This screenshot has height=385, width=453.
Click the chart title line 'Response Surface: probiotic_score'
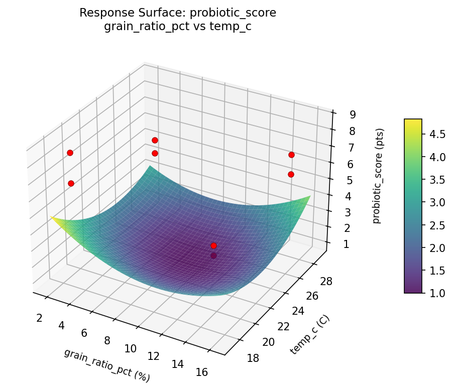pos(178,13)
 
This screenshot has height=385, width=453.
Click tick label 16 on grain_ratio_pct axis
pos(201,372)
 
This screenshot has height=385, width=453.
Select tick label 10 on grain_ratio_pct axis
pos(130,348)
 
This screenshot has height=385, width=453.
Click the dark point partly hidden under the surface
pos(214,255)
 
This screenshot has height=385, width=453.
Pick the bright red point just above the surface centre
pos(214,245)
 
